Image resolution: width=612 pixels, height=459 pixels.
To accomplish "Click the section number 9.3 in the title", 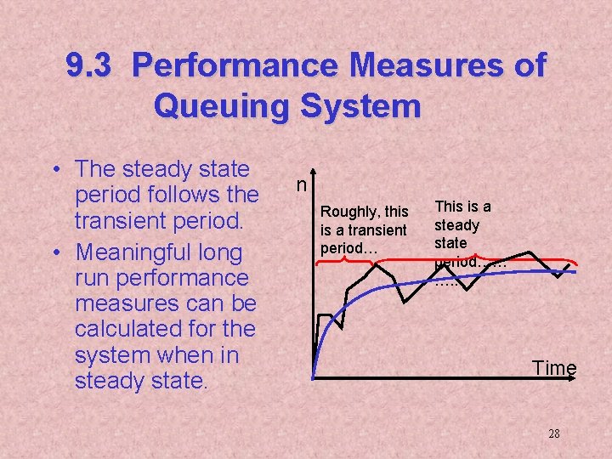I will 88,65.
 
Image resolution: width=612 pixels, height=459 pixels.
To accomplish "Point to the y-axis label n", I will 301,184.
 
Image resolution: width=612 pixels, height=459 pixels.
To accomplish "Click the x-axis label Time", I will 554,367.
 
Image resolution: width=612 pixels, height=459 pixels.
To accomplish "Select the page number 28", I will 554,433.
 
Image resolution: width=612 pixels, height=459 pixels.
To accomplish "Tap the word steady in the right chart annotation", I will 456,225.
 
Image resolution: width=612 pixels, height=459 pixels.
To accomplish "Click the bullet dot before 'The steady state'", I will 55,170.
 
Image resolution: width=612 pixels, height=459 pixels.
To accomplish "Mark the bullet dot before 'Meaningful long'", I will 55,253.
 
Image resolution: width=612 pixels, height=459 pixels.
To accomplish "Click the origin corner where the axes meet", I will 313,377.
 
